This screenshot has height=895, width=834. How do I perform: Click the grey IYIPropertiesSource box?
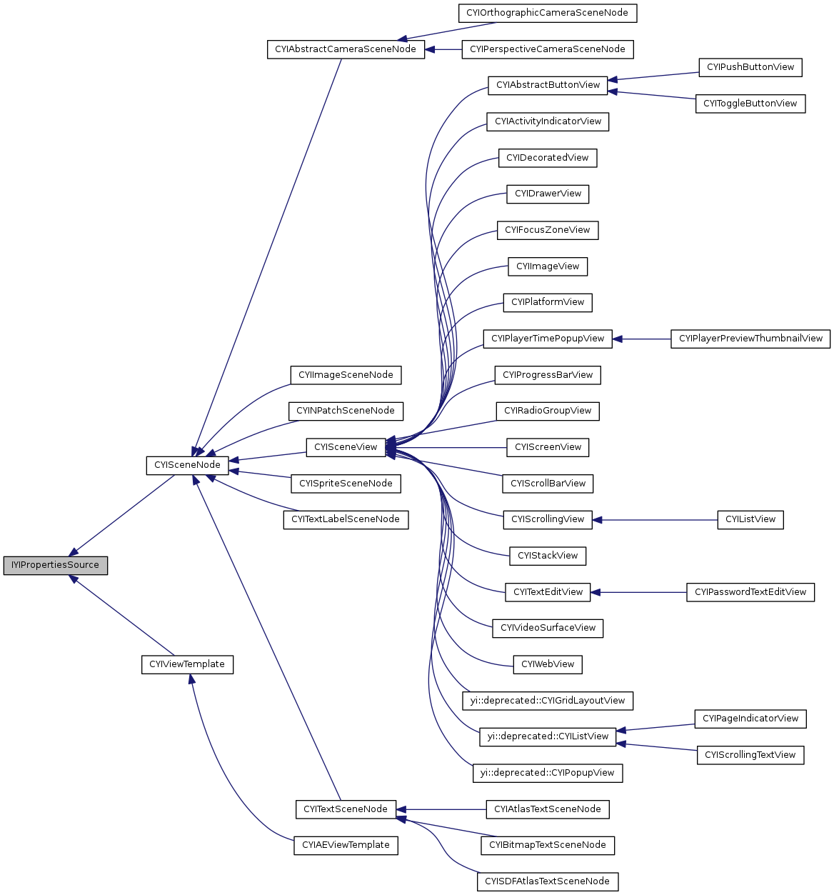tap(55, 565)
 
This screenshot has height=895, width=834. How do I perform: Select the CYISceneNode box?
tap(187, 465)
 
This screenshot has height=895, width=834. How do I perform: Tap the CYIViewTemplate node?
tap(187, 664)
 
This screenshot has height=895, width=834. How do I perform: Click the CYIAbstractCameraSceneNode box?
tap(346, 49)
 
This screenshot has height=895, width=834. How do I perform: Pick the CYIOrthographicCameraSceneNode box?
tap(547, 13)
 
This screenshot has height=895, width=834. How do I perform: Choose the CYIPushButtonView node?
tap(750, 67)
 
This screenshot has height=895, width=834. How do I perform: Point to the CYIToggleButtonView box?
tap(750, 104)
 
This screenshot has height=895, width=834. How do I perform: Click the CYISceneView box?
tap(346, 447)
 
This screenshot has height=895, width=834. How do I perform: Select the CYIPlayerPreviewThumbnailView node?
tap(750, 339)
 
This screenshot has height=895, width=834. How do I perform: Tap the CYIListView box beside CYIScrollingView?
tap(750, 519)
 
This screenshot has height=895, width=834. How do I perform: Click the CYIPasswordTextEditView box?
tap(750, 592)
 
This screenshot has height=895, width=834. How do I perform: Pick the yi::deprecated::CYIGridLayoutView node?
tap(548, 701)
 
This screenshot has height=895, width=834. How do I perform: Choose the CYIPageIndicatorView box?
tap(750, 719)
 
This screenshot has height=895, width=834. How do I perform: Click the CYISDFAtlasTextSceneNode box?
tap(548, 881)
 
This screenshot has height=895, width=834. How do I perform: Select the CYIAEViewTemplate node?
tap(346, 845)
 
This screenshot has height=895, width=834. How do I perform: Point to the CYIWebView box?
tap(548, 664)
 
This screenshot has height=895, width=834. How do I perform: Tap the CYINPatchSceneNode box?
tap(346, 411)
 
